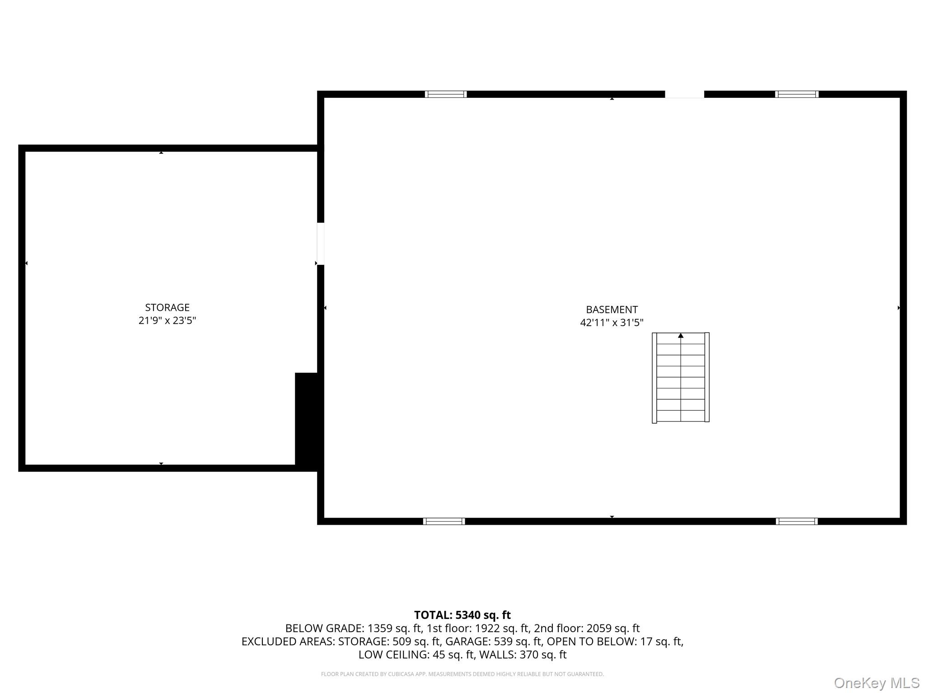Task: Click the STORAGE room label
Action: coord(167,307)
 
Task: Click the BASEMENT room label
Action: coord(612,310)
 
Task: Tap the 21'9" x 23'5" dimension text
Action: coord(167,321)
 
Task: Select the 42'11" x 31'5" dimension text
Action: coord(612,323)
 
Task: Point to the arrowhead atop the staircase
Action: coord(681,336)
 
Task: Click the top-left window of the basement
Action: coord(446,94)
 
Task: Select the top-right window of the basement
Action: coord(797,94)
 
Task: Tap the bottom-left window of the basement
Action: coord(444,522)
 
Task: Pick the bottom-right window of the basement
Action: coord(797,522)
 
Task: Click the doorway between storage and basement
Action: coord(321,244)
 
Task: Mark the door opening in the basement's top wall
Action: coord(684,94)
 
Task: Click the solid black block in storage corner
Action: coord(307,420)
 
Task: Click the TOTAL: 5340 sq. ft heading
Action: coord(462,615)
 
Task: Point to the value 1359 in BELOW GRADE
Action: coord(380,628)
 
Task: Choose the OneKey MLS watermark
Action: coord(877,683)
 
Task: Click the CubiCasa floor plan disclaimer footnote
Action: coord(462,674)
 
